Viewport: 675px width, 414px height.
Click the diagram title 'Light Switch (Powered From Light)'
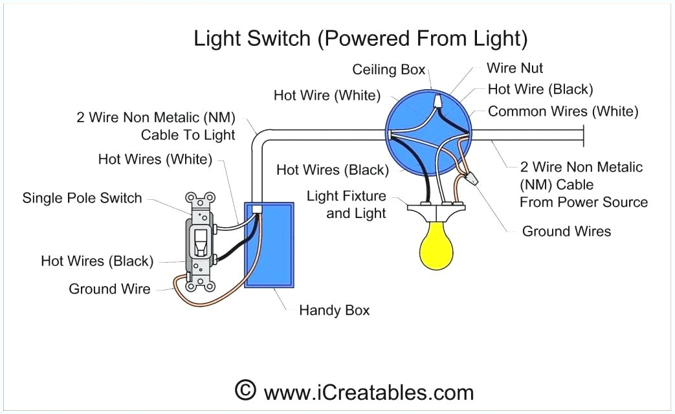coord(360,39)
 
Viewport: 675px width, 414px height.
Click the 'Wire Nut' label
coord(515,68)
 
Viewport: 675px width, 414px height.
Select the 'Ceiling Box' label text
coord(388,70)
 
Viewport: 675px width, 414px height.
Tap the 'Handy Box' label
coord(334,310)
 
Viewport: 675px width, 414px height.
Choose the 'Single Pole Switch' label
coord(82,198)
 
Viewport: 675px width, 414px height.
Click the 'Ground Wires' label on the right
coord(566,231)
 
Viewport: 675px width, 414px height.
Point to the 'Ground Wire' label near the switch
coord(109,289)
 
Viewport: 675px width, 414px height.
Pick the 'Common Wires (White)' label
coord(563,111)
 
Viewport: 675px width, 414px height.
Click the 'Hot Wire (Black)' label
coord(540,89)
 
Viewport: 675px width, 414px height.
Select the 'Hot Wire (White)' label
coord(326,96)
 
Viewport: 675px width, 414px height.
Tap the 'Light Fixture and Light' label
coord(347,204)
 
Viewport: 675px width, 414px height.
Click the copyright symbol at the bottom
coord(244,390)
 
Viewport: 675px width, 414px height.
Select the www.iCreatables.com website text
coord(368,391)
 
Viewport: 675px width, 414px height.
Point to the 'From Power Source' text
coord(583,202)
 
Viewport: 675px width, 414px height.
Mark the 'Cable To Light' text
coord(188,135)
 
